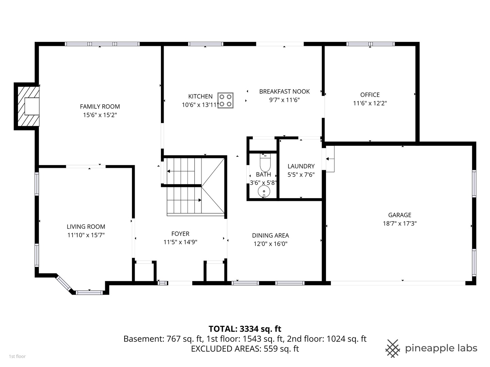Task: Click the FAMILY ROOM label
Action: click(100, 106)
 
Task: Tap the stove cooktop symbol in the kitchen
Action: click(226, 101)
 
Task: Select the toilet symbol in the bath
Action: click(265, 162)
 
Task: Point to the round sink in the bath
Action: click(264, 192)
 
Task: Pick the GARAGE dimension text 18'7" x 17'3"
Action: click(399, 224)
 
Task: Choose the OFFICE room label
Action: click(370, 95)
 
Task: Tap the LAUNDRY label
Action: click(301, 166)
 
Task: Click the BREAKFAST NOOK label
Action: click(284, 92)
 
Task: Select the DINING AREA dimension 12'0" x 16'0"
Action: click(270, 244)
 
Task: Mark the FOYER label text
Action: click(180, 234)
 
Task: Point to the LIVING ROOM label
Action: click(86, 227)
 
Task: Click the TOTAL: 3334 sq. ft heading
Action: click(245, 329)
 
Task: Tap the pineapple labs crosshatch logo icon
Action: click(393, 349)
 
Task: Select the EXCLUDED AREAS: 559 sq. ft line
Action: click(245, 349)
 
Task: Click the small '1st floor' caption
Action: click(17, 356)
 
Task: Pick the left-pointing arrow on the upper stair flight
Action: click(181, 171)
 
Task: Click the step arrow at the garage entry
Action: click(330, 159)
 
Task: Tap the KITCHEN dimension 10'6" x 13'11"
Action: click(200, 105)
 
